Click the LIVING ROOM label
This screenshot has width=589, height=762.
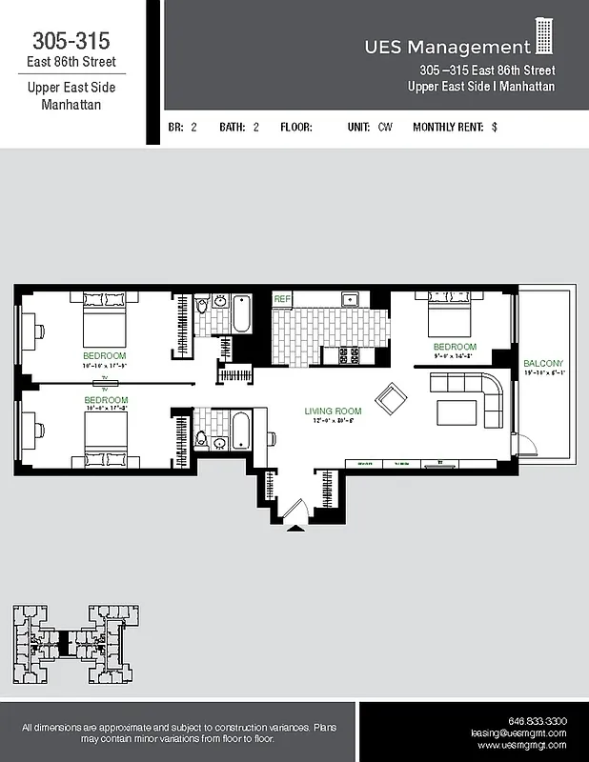click(330, 411)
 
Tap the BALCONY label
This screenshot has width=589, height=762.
click(543, 364)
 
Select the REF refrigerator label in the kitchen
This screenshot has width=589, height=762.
click(282, 299)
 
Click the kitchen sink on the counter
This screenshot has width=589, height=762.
click(350, 299)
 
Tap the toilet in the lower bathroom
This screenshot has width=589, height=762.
click(201, 439)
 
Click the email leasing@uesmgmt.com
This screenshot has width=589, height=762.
click(518, 733)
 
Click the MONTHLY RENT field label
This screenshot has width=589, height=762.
click(448, 127)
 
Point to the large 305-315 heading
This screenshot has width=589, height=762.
click(71, 41)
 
